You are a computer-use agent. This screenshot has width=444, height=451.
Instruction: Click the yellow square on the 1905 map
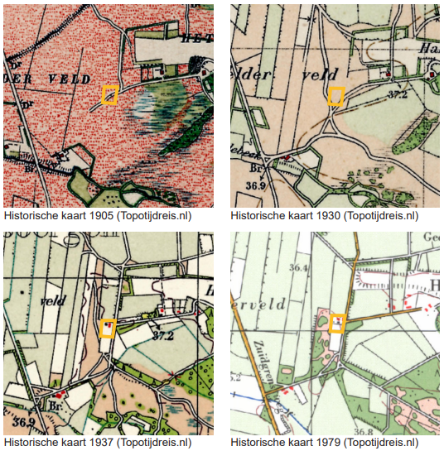click(x=109, y=94)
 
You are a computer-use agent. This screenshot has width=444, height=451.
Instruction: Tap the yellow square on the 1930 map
click(x=335, y=96)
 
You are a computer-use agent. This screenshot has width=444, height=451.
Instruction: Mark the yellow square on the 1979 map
click(x=336, y=323)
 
